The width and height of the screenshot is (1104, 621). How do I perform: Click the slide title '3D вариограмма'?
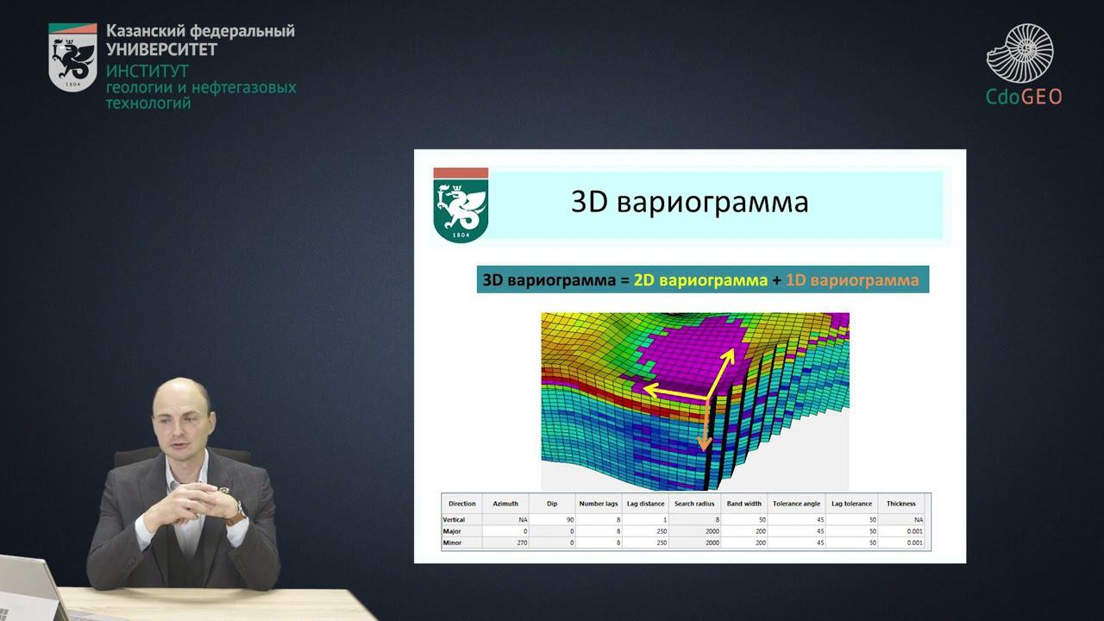[689, 202]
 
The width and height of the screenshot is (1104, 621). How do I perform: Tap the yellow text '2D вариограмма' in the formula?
[700, 280]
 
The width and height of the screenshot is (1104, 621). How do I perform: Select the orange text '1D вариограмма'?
[852, 280]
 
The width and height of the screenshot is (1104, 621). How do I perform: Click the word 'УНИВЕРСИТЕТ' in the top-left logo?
[161, 49]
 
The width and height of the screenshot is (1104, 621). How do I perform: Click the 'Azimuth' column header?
[505, 504]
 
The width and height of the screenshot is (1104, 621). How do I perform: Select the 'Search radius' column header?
[695, 504]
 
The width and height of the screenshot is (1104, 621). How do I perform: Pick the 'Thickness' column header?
[900, 504]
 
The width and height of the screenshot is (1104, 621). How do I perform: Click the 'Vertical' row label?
[455, 520]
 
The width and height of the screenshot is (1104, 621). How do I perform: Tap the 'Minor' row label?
[452, 543]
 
